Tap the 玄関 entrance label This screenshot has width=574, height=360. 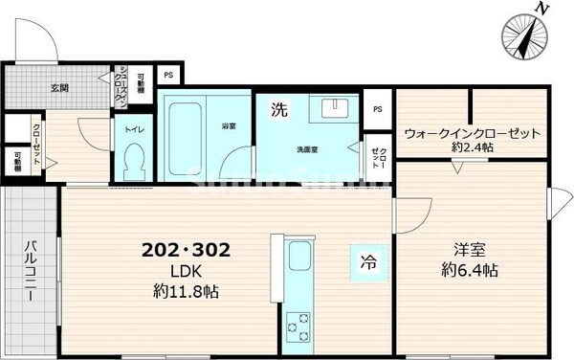click(x=58, y=88)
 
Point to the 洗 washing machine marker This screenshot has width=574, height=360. click(x=277, y=108)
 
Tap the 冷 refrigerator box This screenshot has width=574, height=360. click(x=368, y=260)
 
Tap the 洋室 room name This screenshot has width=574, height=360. click(x=470, y=251)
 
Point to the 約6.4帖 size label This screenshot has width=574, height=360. click(x=470, y=271)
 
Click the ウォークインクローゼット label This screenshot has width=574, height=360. click(x=472, y=133)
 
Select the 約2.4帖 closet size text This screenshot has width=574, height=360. click(x=472, y=148)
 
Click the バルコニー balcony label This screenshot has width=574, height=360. click(x=29, y=270)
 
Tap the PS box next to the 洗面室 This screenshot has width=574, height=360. click(x=377, y=107)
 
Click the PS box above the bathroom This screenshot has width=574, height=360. click(x=168, y=75)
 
